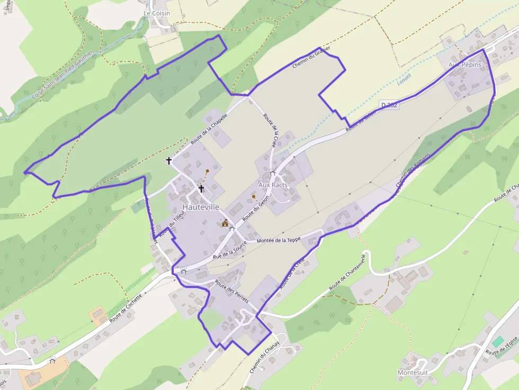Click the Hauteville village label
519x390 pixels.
pos(201,207)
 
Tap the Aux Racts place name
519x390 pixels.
pos(273,185)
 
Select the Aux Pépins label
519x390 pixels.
pos(464,65)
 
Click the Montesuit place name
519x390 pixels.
pos(413,373)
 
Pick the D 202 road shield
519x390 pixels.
pos(389,105)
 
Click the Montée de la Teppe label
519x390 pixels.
pos(278,240)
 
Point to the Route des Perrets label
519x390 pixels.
pos(232,292)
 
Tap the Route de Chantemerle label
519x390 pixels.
pos(347,271)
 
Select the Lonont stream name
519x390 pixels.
pos(404,79)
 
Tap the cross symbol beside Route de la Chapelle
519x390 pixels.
pos(169,160)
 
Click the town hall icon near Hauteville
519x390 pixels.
pos(225,223)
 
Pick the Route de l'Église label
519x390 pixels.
pos(501,346)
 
